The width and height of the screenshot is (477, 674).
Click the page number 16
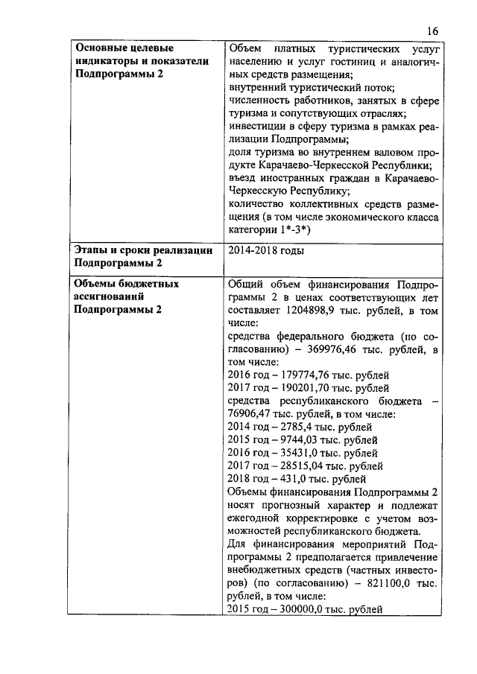tap(434, 31)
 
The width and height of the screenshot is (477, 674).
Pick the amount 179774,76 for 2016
tap(306, 375)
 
